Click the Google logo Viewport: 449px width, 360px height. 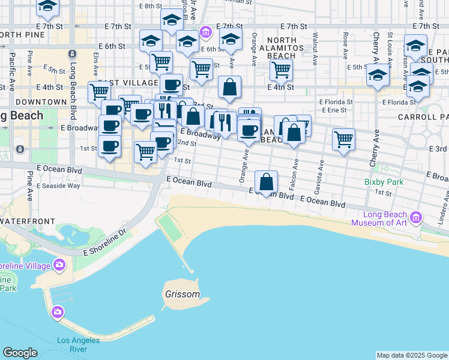pos(20,353)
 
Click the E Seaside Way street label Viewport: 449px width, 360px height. pos(58,186)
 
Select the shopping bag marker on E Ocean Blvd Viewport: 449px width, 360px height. pos(266,182)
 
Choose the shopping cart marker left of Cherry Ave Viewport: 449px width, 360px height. pos(343,140)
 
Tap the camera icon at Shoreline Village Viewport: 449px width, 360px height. pos(59,265)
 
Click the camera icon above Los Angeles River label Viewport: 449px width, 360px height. pos(57,311)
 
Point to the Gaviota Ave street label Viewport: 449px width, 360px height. pos(323,171)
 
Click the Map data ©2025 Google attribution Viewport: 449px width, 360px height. pos(412,355)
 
